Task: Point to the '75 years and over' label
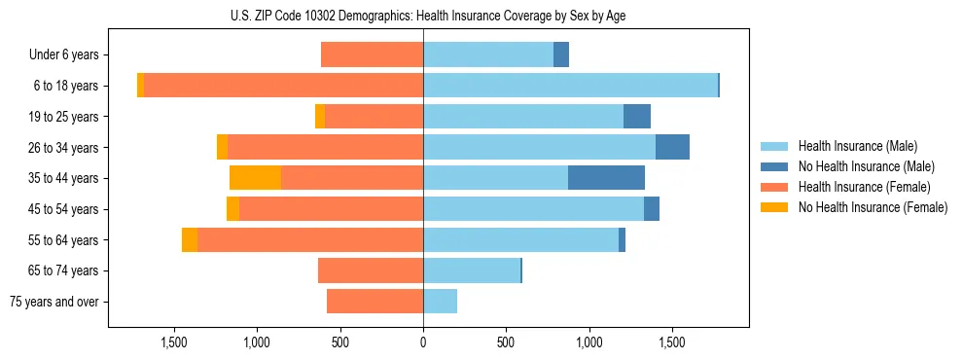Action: coord(54,302)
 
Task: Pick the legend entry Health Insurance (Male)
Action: coord(857,146)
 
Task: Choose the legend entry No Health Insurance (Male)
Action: coord(866,166)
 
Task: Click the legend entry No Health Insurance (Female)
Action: coord(872,207)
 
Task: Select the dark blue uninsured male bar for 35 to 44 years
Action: coord(606,178)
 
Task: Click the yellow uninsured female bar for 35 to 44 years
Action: coord(255,178)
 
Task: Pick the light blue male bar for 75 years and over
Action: coord(440,302)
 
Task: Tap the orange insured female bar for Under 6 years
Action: coord(372,55)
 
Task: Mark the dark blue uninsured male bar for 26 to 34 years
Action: coord(672,147)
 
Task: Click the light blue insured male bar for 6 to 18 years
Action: coord(570,86)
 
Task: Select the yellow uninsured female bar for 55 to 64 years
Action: coord(190,239)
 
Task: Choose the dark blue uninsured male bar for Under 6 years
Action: coord(561,55)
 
